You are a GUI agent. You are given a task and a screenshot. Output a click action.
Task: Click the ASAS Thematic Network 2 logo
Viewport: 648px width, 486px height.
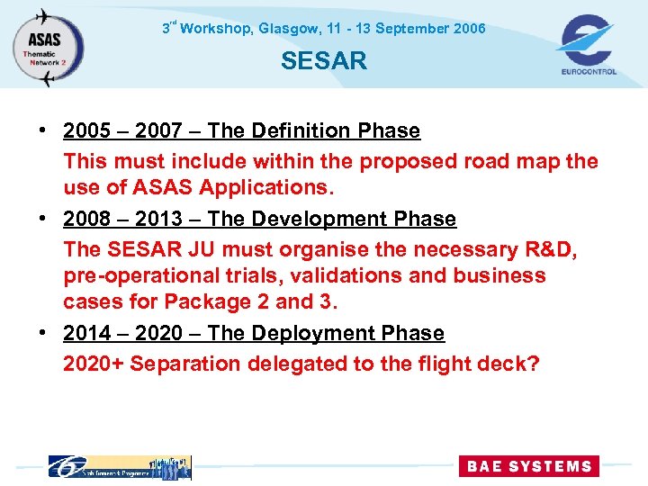48,47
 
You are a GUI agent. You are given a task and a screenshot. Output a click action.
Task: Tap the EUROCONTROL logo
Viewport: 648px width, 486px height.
587,45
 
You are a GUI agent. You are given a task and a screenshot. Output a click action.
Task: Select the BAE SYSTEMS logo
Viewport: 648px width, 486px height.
528,466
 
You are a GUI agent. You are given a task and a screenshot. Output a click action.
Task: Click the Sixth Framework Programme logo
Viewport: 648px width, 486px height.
119,466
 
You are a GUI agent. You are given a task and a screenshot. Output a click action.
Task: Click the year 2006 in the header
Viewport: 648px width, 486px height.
470,29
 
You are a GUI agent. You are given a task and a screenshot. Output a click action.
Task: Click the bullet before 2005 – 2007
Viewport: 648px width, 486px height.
43,131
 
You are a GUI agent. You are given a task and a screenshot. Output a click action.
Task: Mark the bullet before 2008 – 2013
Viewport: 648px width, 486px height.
43,220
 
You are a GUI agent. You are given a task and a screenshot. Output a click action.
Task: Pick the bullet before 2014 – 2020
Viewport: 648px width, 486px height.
43,334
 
